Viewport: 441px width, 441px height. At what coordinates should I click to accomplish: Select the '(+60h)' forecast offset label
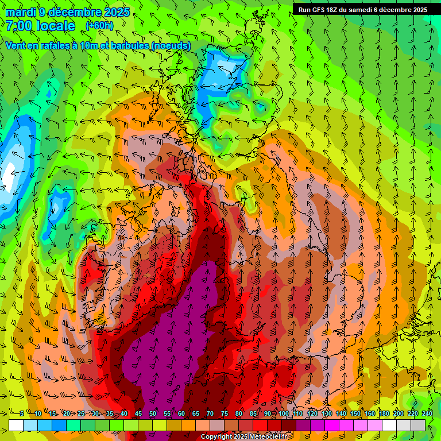click(x=99, y=25)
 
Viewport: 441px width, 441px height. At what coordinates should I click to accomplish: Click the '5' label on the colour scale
click(x=22, y=413)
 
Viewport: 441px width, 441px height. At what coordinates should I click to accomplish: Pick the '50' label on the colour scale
click(x=153, y=413)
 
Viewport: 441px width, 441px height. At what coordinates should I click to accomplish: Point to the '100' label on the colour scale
click(x=284, y=413)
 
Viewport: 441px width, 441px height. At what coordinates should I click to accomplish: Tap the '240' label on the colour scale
click(x=427, y=413)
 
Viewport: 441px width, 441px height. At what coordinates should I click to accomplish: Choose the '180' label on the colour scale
click(x=384, y=413)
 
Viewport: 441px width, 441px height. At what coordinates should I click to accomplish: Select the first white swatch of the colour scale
click(x=16, y=425)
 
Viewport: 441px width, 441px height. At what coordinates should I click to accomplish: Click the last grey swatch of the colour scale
click(x=418, y=425)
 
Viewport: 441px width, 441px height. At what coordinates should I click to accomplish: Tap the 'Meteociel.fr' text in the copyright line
click(x=267, y=437)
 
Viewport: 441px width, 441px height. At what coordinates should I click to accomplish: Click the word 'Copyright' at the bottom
click(x=215, y=437)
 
